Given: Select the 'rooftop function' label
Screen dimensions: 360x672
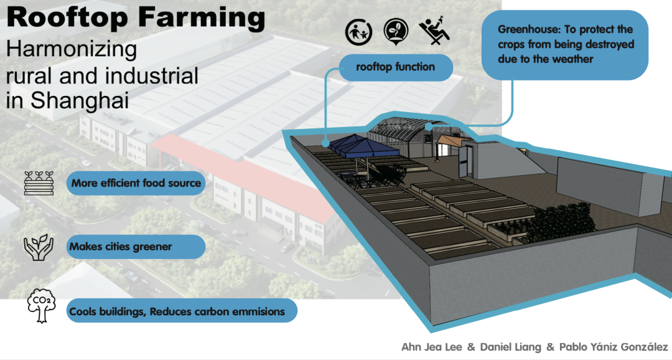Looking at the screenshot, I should (x=395, y=67).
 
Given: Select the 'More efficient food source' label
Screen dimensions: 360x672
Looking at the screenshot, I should (x=136, y=183).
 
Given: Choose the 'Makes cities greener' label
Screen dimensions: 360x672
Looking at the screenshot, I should (x=121, y=247).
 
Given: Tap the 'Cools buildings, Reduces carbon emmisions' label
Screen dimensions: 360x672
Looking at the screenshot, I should (x=177, y=311).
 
